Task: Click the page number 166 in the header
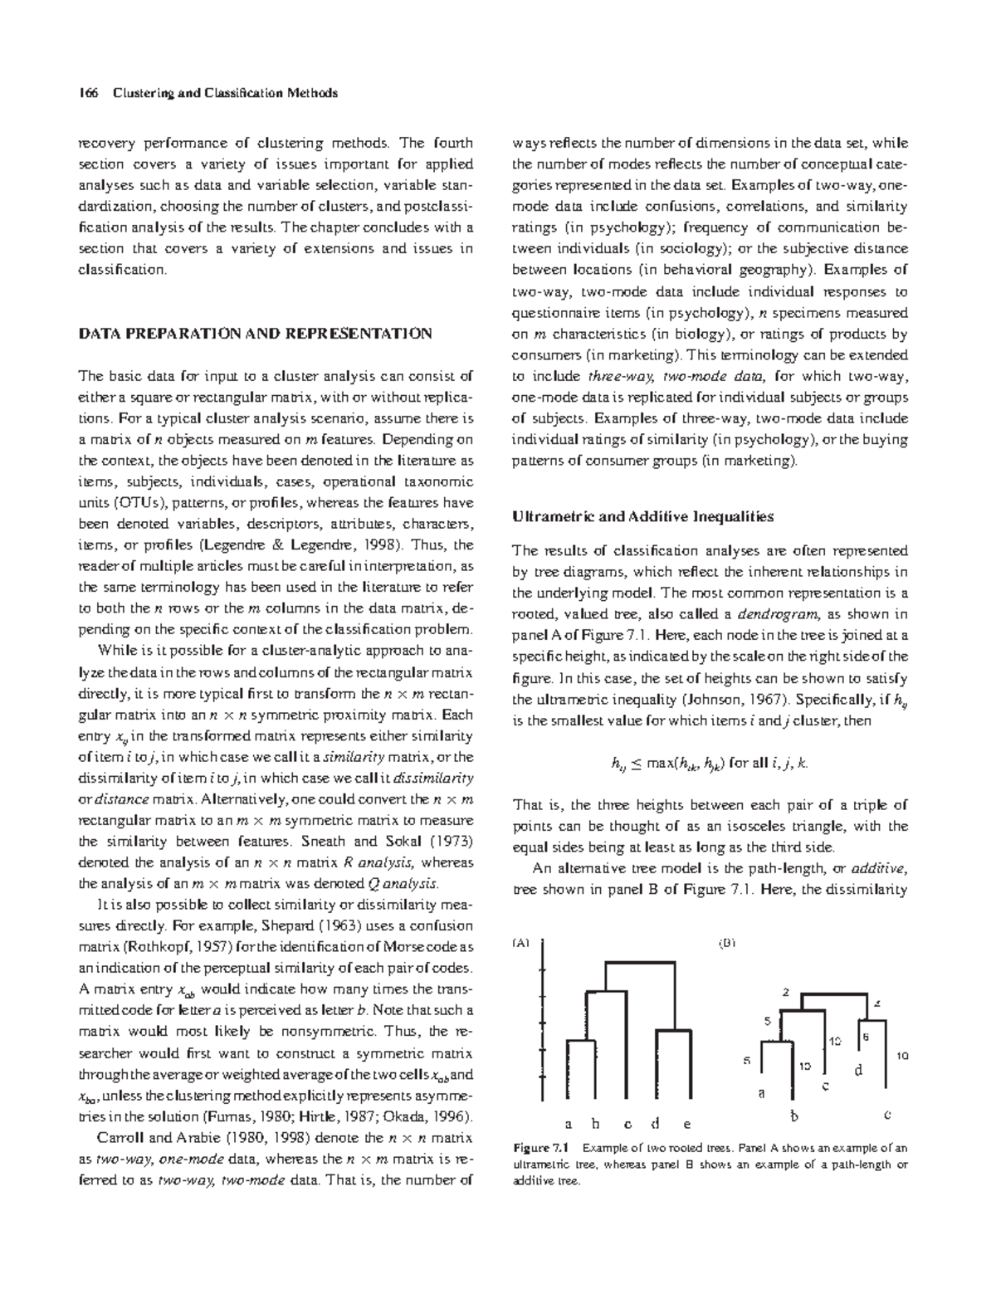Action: (x=87, y=93)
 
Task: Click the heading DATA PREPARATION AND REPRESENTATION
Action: (x=255, y=334)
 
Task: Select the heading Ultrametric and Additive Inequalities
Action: (x=642, y=516)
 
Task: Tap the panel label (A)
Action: (x=520, y=943)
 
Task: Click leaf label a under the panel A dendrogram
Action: (x=569, y=1125)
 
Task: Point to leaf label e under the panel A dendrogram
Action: (x=686, y=1125)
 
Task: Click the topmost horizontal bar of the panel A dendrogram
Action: (x=635, y=964)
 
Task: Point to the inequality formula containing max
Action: (x=707, y=764)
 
